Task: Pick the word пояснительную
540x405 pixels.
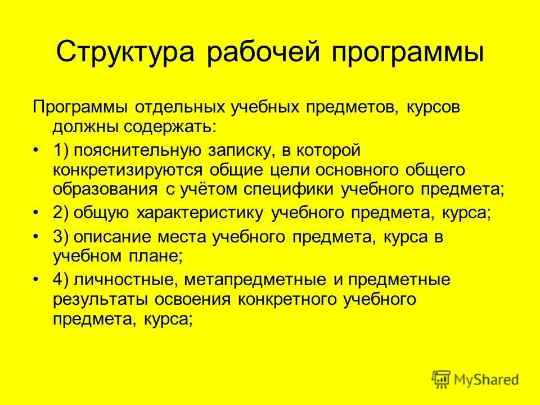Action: pyautogui.click(x=137, y=151)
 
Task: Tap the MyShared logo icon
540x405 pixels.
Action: pyautogui.click(x=442, y=379)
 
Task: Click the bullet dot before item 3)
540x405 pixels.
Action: pyautogui.click(x=37, y=238)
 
